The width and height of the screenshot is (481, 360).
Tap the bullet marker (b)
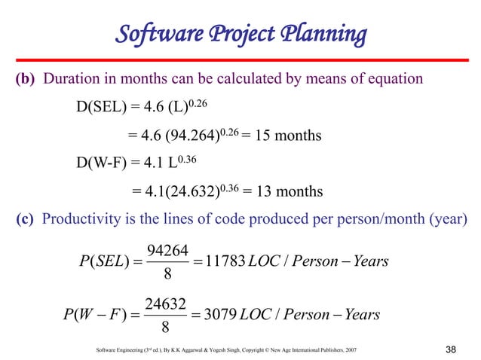(x=27, y=79)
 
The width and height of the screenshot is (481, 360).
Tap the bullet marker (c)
(x=27, y=219)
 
